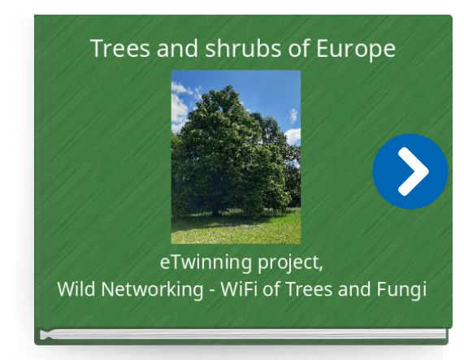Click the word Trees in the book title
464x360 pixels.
pyautogui.click(x=119, y=48)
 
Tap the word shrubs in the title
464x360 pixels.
pyautogui.click(x=243, y=48)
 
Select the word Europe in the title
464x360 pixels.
pyautogui.click(x=356, y=50)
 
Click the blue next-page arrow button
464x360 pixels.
pyautogui.click(x=410, y=171)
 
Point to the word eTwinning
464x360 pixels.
pyautogui.click(x=206, y=262)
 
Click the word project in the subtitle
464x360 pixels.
pyautogui.click(x=288, y=263)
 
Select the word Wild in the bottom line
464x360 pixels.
pyautogui.click(x=76, y=288)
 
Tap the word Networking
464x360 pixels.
pyautogui.click(x=152, y=290)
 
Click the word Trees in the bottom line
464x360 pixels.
pyautogui.click(x=309, y=288)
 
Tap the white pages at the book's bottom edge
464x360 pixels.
pyautogui.click(x=243, y=334)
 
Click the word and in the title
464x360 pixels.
pyautogui.click(x=177, y=48)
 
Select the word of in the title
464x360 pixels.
pyautogui.click(x=298, y=48)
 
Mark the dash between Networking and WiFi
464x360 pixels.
pyautogui.click(x=212, y=290)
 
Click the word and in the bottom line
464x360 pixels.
pyautogui.click(x=354, y=288)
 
